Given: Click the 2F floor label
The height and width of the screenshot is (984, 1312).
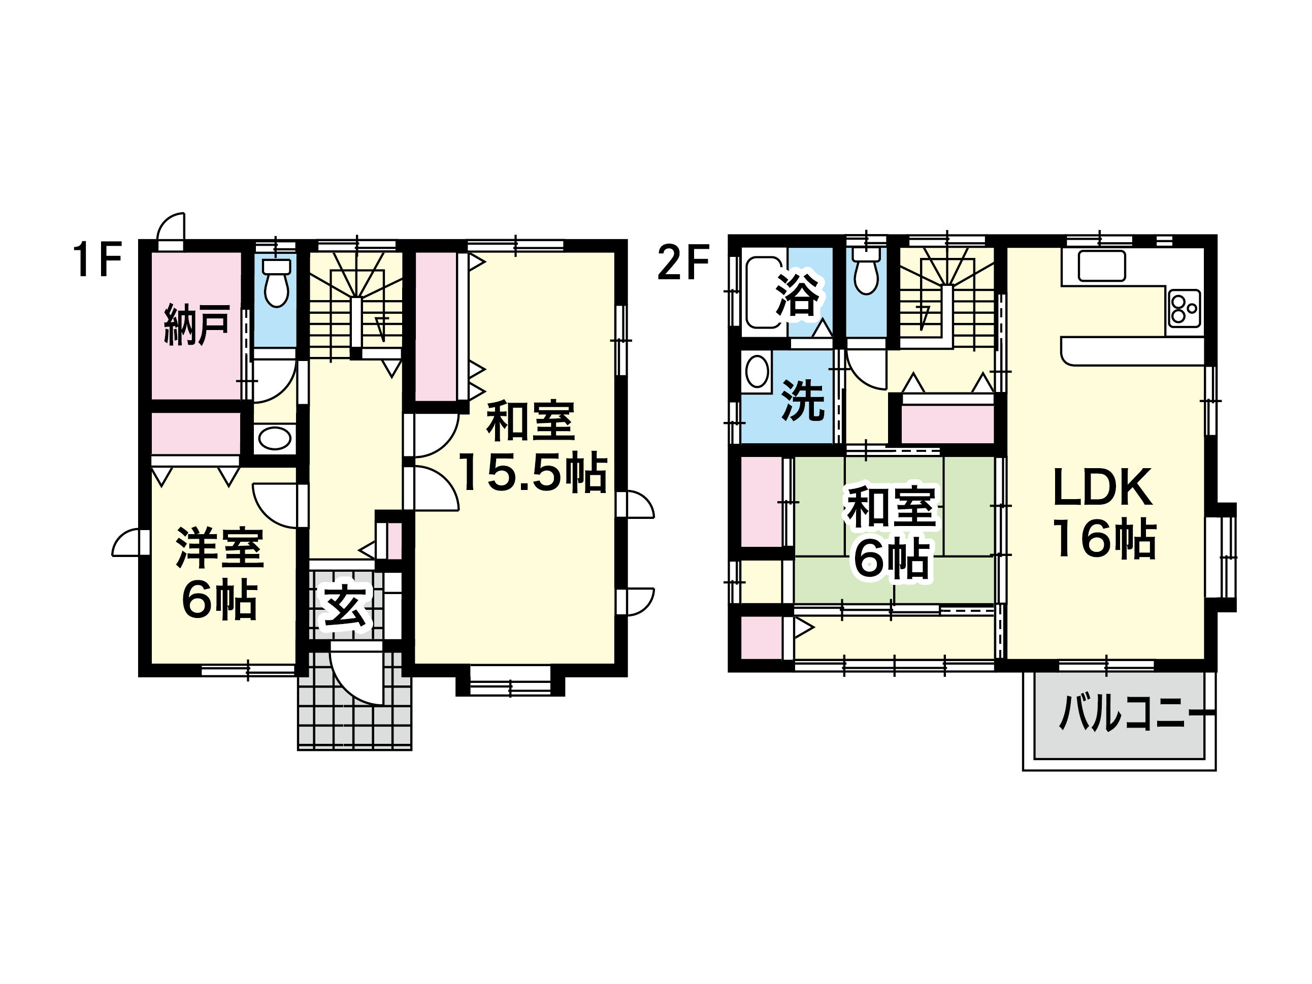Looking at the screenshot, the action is point(683,263).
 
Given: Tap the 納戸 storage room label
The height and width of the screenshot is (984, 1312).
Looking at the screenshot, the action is point(197,324).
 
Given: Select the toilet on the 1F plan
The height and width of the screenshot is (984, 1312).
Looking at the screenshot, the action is point(276,283).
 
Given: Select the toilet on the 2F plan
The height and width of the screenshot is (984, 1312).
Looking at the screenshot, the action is point(866,271).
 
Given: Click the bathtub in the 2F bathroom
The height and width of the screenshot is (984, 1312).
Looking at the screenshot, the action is point(765,292).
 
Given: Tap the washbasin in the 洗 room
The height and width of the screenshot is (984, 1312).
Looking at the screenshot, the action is point(757,372).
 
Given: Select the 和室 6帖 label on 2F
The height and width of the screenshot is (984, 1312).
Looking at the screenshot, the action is point(892,533).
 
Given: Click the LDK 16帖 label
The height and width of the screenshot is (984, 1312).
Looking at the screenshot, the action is point(1104,512).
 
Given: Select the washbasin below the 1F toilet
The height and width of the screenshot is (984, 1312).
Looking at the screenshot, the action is point(275,439).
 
